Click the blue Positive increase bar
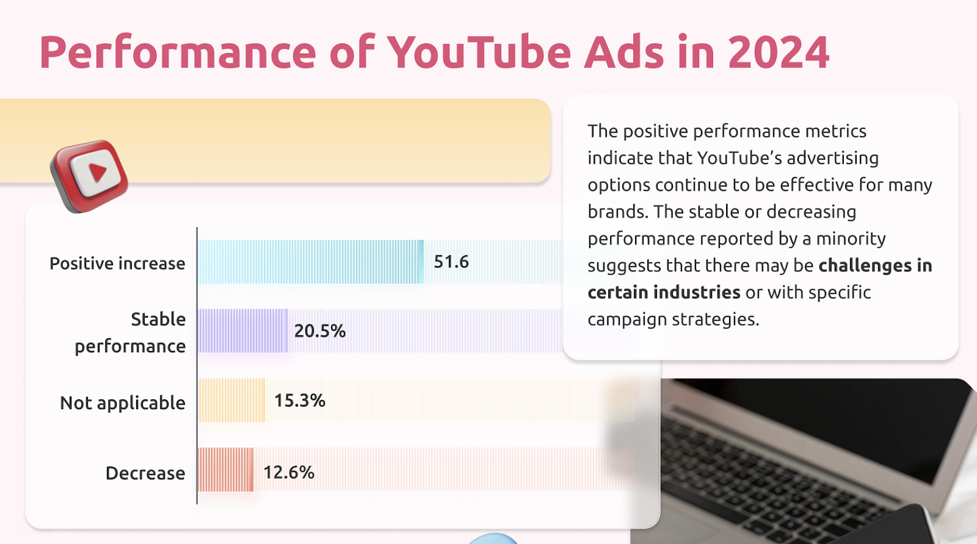point(310,262)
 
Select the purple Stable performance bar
point(242,331)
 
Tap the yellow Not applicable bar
point(231,401)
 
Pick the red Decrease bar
point(225,470)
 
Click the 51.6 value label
point(451,262)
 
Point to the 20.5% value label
point(320,331)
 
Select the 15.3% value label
point(300,401)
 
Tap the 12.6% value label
point(289,472)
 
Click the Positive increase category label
point(117,263)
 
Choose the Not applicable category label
point(123,403)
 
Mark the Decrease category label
point(145,473)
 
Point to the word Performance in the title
point(178,53)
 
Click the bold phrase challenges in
point(875,266)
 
